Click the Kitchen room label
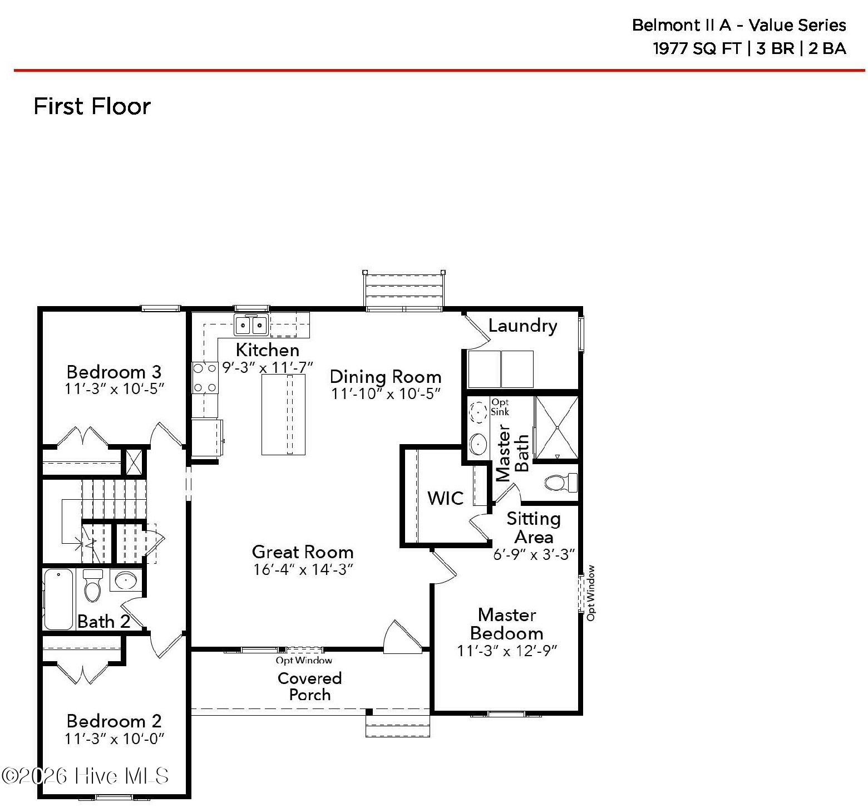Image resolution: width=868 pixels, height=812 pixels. (268, 350)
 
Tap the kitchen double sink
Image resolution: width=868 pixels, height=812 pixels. (251, 324)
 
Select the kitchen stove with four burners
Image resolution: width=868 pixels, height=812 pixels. (204, 377)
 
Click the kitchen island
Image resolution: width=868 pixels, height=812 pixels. (283, 414)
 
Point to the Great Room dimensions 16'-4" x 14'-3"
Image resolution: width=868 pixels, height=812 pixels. (303, 569)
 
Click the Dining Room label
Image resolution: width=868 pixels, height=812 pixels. (385, 377)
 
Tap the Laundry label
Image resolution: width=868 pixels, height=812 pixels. (522, 326)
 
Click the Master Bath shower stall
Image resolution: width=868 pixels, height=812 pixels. (556, 427)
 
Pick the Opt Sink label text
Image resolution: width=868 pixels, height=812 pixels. (500, 407)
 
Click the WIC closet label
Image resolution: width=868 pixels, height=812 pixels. (445, 498)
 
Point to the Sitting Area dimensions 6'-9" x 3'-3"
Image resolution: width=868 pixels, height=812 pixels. (534, 554)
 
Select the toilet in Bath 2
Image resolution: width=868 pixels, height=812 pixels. (92, 585)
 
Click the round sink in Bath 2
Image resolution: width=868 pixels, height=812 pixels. (126, 580)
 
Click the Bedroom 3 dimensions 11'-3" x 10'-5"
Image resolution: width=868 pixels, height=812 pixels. (114, 388)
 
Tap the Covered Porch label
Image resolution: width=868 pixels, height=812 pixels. (309, 686)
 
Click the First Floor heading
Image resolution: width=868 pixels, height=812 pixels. (92, 106)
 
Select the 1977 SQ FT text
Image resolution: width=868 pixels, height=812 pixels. (697, 48)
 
